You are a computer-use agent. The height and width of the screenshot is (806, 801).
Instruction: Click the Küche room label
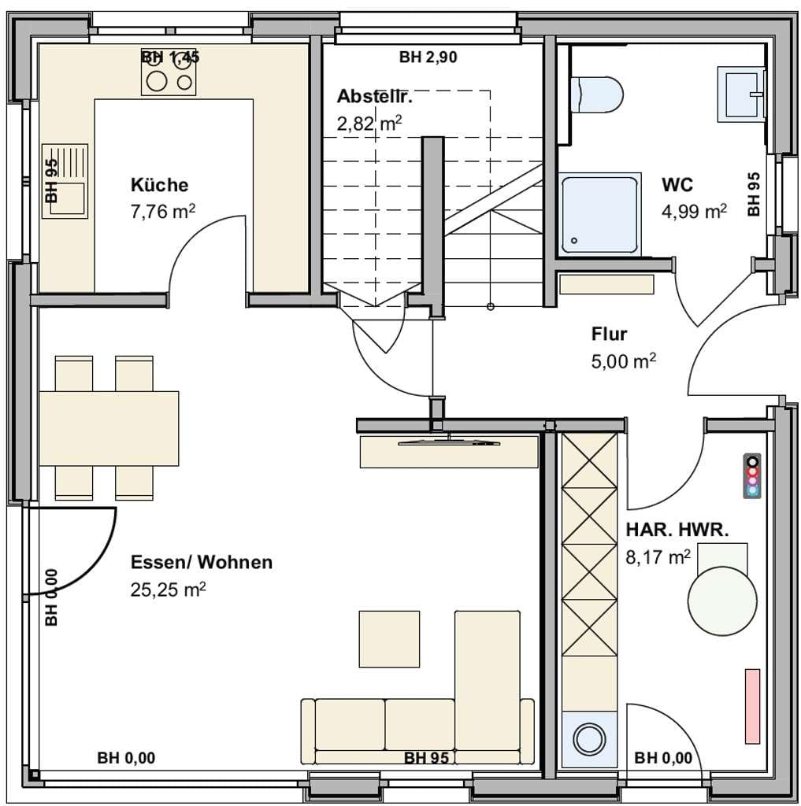point(159,185)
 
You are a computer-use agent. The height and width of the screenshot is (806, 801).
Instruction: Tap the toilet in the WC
point(597,94)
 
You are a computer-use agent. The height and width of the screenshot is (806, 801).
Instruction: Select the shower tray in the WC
point(601,214)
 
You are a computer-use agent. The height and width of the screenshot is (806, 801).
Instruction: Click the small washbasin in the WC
point(741,94)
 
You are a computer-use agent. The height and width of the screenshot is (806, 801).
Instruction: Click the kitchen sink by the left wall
point(65,182)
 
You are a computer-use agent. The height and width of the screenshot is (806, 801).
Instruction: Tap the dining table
point(109,429)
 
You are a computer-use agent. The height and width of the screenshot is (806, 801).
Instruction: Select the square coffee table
point(389,639)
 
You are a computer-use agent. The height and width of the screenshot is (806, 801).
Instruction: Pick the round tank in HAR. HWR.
point(722,601)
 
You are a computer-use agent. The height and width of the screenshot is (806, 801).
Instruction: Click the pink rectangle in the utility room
point(753,706)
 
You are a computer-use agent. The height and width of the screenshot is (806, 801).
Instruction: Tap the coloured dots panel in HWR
point(753,475)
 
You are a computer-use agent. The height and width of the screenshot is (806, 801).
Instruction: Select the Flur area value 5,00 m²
point(624,361)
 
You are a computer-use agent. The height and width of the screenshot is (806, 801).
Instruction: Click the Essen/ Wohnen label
point(202,562)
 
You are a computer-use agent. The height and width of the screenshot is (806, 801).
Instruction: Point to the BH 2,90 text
point(428,57)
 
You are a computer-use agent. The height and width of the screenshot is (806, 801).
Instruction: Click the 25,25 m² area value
point(169,590)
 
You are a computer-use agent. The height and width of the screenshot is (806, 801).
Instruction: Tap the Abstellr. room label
point(375,96)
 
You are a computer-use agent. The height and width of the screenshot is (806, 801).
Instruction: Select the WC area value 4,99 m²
point(694,211)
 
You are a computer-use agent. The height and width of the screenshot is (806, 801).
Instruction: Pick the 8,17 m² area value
point(658,556)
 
